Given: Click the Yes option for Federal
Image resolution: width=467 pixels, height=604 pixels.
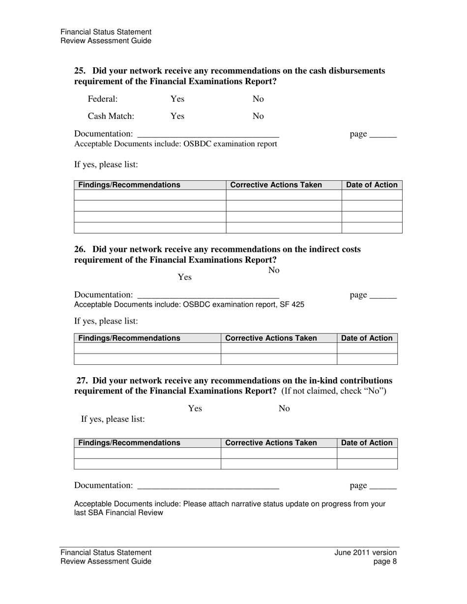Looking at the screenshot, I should point(177,99).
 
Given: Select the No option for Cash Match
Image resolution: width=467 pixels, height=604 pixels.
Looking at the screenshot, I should point(258,116).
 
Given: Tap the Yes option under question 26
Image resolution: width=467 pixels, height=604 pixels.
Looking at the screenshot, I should point(184,277).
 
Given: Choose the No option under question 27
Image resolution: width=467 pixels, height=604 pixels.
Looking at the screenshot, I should point(284,409).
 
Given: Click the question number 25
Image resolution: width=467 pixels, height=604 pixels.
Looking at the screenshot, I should point(80,71).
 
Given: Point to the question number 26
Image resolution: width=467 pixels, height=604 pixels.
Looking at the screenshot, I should point(80,249).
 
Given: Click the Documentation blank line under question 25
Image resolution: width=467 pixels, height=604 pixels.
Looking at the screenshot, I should point(208,135).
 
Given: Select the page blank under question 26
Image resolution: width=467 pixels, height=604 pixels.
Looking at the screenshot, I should point(382,296).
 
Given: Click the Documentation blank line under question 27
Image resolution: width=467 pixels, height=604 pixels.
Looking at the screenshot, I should point(208,486).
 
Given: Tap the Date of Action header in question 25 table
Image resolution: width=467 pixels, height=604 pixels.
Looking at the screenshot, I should point(372,185).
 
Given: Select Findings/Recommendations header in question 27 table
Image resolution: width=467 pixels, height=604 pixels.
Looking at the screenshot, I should point(129,443).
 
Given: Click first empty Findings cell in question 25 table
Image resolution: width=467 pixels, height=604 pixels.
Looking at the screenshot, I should point(149,195).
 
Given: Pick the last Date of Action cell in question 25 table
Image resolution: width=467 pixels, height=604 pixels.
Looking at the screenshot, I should point(372,228).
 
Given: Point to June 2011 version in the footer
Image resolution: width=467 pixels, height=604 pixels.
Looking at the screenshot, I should point(365,552).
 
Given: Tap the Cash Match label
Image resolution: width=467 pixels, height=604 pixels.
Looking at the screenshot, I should point(111,116).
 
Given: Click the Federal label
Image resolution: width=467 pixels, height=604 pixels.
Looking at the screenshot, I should point(102,99).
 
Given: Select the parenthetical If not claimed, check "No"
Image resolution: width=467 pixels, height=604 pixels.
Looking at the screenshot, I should point(334,391).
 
